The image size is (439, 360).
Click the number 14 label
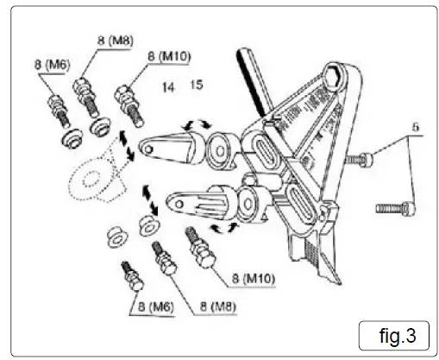167,86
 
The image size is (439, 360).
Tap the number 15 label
196,85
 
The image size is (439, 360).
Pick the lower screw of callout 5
395,207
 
